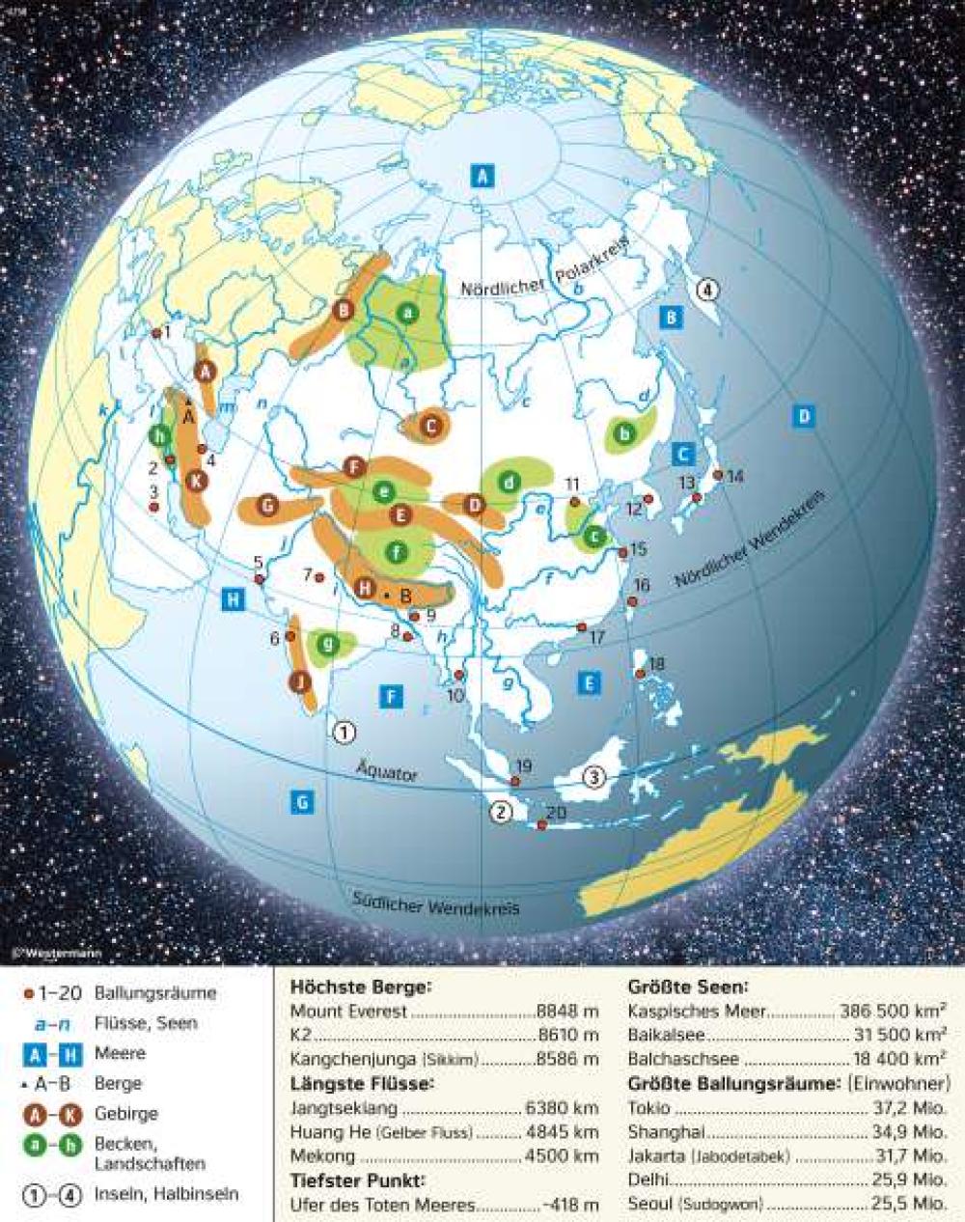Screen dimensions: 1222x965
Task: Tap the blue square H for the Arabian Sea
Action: tap(232, 598)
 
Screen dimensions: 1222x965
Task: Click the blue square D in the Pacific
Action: tap(803, 416)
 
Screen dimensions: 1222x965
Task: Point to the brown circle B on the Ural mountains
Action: tap(343, 311)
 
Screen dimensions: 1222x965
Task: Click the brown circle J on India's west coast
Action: tap(300, 681)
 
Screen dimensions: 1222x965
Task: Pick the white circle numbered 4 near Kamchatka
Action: tap(707, 289)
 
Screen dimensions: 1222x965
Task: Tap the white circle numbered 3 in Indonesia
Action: tap(595, 777)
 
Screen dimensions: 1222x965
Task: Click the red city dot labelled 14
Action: tap(717, 475)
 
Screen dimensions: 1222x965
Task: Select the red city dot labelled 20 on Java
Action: tap(542, 825)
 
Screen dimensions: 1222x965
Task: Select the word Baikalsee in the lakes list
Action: tap(664, 1035)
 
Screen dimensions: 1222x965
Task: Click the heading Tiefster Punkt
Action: tap(357, 1180)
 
